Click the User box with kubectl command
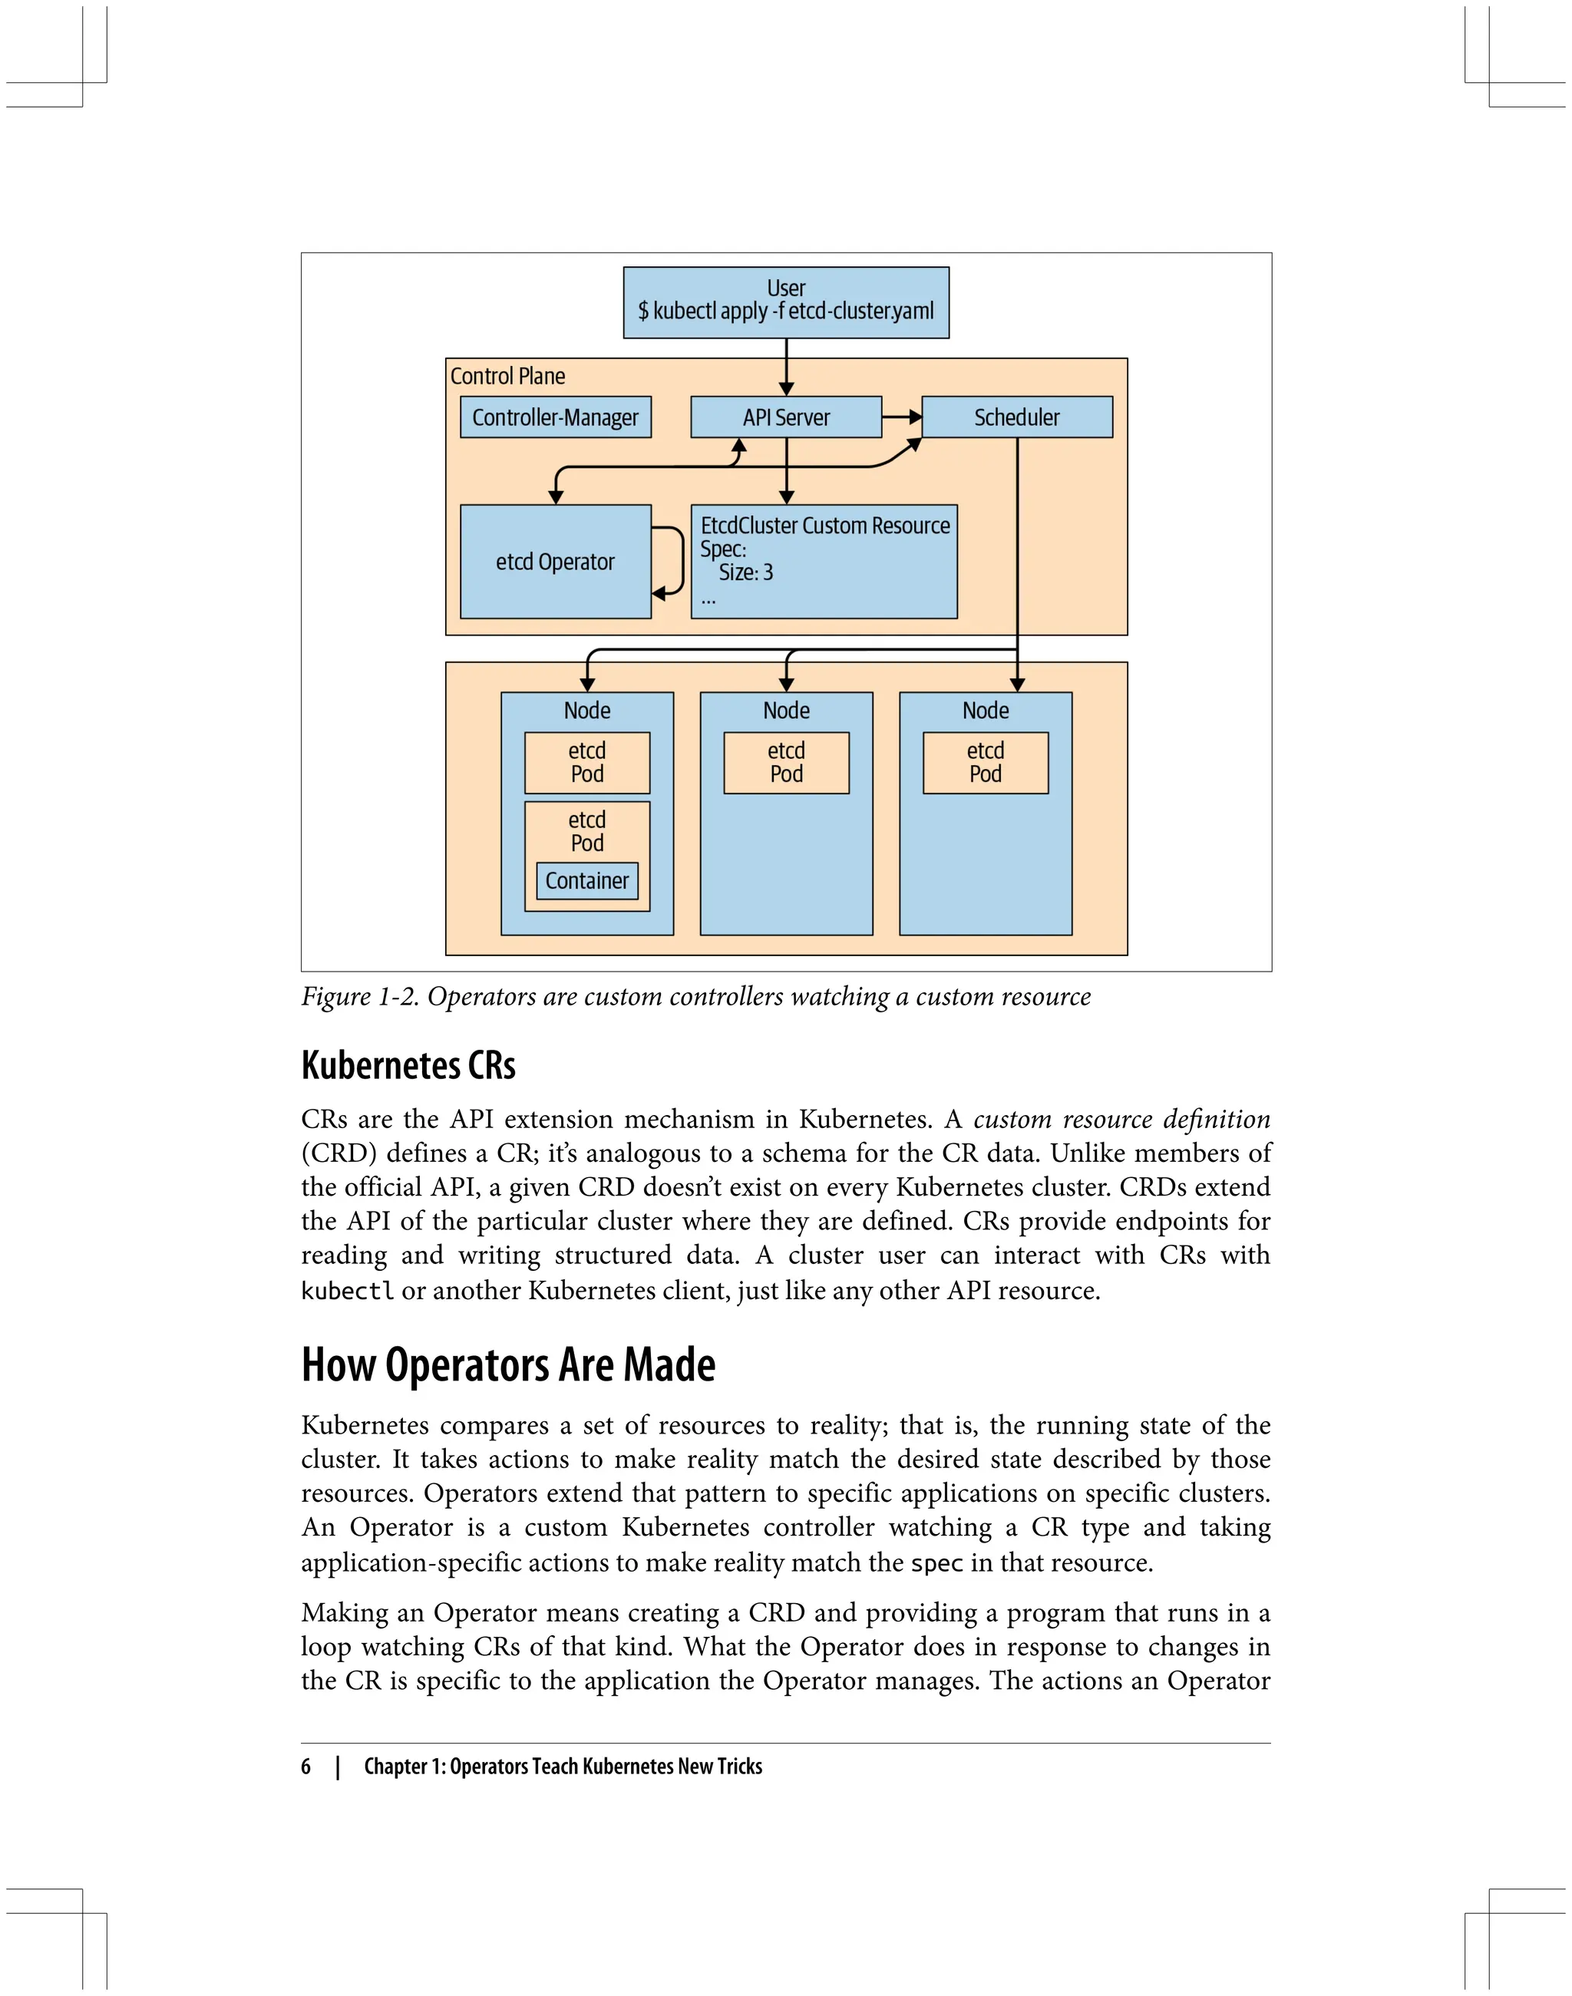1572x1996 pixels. pyautogui.click(x=785, y=302)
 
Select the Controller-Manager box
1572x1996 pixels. pyautogui.click(x=555, y=417)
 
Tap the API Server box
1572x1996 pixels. pyautogui.click(x=785, y=417)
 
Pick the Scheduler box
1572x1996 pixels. pyautogui.click(x=1016, y=417)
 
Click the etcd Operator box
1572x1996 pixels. pyautogui.click(x=555, y=561)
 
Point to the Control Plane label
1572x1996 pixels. pyautogui.click(x=507, y=375)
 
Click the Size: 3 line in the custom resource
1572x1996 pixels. pyautogui.click(x=745, y=572)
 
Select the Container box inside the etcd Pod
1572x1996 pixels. pyautogui.click(x=586, y=881)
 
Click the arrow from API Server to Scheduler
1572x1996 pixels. pyautogui.click(x=901, y=417)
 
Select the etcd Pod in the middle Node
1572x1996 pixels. pyautogui.click(x=786, y=762)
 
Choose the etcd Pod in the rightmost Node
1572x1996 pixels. pyautogui.click(x=985, y=762)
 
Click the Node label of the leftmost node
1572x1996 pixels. pyautogui.click(x=586, y=711)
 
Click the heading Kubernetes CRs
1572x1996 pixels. pyautogui.click(x=408, y=1066)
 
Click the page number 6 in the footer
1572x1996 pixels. pyautogui.click(x=305, y=1766)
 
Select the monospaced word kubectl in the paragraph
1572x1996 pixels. pyautogui.click(x=347, y=1291)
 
